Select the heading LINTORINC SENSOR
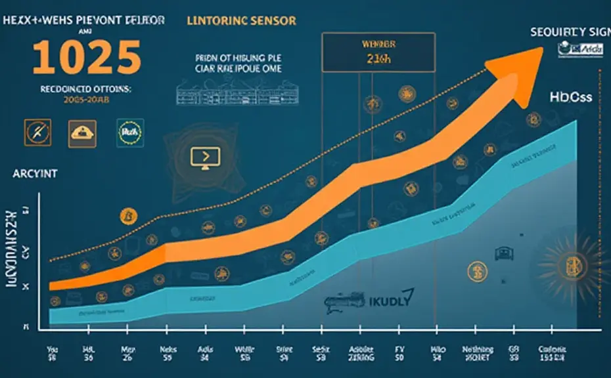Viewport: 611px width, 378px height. tap(241, 21)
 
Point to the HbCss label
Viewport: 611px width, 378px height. tap(571, 97)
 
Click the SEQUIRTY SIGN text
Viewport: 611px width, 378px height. tap(570, 31)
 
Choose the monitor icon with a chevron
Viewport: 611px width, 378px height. tap(204, 157)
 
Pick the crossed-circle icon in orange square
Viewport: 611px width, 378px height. tap(34, 132)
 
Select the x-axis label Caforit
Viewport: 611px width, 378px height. tap(553, 350)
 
